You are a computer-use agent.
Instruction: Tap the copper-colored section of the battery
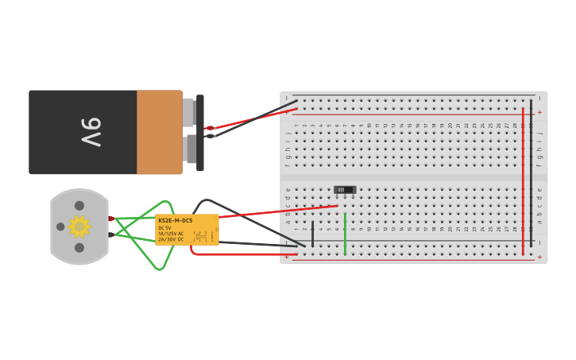(159, 132)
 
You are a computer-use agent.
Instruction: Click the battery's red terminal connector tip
(210, 127)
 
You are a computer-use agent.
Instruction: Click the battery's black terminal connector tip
(210, 136)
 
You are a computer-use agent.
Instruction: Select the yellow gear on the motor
(79, 226)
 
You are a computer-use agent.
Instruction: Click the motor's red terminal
(111, 219)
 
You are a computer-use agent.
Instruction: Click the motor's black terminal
(111, 234)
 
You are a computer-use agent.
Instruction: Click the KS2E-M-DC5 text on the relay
(175, 220)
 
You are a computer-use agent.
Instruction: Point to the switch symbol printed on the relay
(200, 236)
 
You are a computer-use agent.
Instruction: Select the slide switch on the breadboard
(345, 190)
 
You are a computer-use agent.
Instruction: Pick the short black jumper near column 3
(312, 232)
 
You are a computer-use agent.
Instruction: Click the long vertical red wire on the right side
(523, 183)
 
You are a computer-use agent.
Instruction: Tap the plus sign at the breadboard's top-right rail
(539, 112)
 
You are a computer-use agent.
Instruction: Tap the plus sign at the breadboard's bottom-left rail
(287, 257)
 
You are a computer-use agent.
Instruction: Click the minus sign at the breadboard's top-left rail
(287, 98)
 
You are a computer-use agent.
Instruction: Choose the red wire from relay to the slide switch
(278, 211)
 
